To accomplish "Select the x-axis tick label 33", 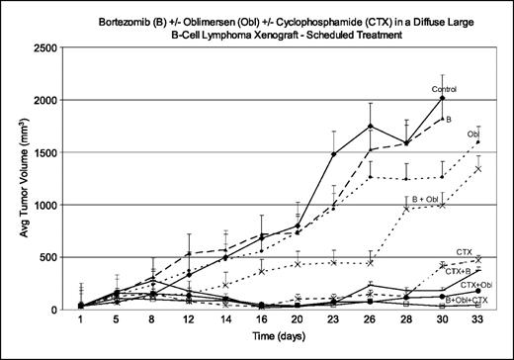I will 477,320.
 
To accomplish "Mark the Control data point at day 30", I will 442,99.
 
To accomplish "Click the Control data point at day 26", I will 370,126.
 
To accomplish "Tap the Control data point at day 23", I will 334,154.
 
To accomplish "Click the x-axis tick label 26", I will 370,320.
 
